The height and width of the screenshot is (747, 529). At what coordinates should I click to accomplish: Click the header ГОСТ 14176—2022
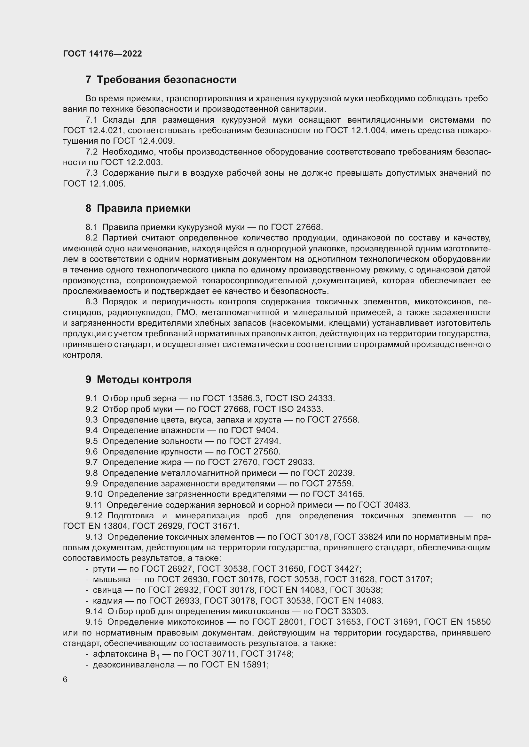tap(102, 54)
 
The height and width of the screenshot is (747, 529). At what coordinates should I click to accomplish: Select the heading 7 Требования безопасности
tap(161, 80)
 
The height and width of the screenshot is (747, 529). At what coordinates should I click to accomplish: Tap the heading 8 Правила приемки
tap(138, 208)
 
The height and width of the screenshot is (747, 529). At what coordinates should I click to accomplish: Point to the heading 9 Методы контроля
tap(138, 379)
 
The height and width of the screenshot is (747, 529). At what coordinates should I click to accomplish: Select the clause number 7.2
tap(91, 152)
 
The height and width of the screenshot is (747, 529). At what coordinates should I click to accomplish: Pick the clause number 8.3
tap(91, 301)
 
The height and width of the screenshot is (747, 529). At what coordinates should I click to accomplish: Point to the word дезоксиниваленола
tap(134, 665)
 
